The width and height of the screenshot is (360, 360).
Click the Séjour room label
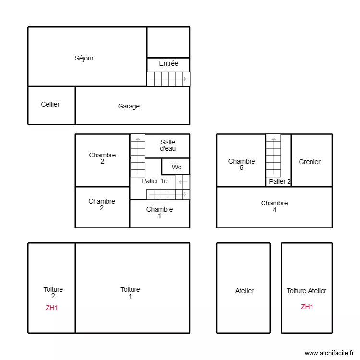pos(84,58)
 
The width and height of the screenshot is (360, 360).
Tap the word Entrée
pos(168,63)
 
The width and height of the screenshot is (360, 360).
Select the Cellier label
pos(50,104)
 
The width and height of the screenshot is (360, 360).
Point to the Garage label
pos(129,106)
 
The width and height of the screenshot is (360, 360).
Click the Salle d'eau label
pos(168,145)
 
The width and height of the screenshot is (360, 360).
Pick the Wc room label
pos(177,167)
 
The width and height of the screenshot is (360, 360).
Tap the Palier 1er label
pos(156,181)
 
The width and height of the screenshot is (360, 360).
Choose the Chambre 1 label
pos(159,212)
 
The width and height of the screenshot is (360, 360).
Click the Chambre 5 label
pos(241,164)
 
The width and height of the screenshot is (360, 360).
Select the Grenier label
pos(310,162)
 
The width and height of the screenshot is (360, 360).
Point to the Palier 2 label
pos(280,181)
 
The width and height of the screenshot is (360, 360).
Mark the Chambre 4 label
pos(275,206)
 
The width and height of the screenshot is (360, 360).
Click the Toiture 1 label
pos(130,293)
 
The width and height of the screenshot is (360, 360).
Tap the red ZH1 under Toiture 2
pos(52,308)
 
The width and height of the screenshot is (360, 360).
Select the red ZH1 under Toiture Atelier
pos(307,307)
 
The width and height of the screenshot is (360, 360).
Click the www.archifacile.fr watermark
pos(329,353)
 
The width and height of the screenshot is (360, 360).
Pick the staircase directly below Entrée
pos(168,79)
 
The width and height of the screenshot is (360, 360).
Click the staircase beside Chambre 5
pos(274,156)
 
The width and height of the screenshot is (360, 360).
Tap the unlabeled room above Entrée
pos(168,42)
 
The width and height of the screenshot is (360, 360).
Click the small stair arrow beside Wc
pos(182,182)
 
